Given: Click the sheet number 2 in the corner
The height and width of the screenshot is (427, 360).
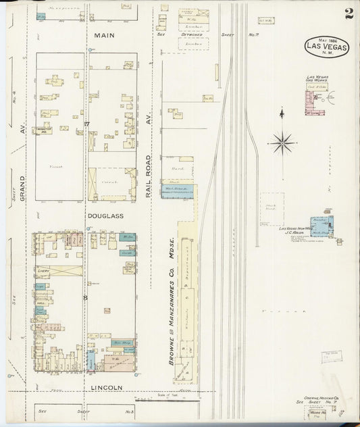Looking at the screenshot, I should point(347,14).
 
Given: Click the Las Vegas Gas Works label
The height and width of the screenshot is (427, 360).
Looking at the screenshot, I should point(317,79).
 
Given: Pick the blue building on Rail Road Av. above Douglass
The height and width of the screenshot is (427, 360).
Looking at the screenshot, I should point(179,191).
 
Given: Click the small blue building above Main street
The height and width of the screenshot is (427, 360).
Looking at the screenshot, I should point(41,15).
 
